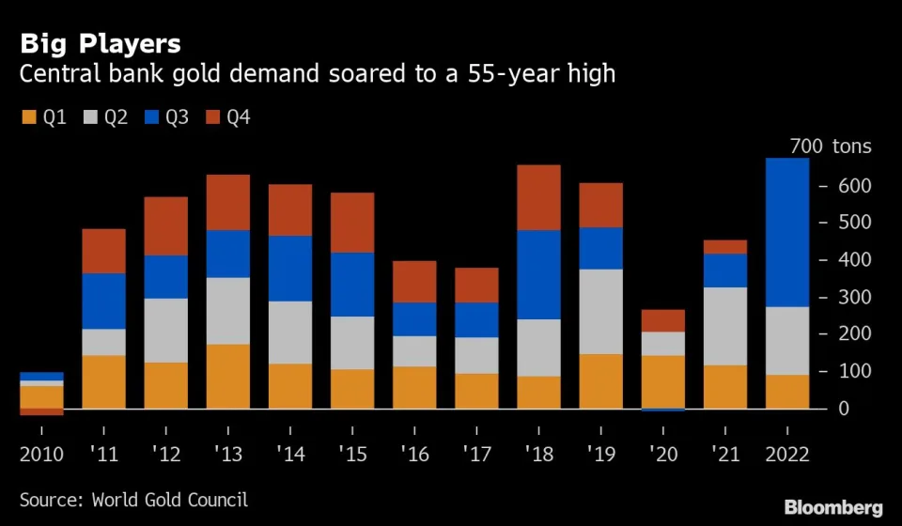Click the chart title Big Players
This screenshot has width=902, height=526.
(101, 43)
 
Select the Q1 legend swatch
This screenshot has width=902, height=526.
(28, 118)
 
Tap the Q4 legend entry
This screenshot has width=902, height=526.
(226, 118)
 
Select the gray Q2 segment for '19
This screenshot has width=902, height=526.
(599, 311)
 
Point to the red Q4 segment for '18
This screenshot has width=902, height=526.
(538, 197)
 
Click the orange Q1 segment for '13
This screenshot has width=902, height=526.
(228, 377)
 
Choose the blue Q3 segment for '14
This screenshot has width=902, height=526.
(290, 268)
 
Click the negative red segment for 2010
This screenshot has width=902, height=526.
(42, 411)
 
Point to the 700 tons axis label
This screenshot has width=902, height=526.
(831, 147)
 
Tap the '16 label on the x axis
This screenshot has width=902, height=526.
(414, 455)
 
